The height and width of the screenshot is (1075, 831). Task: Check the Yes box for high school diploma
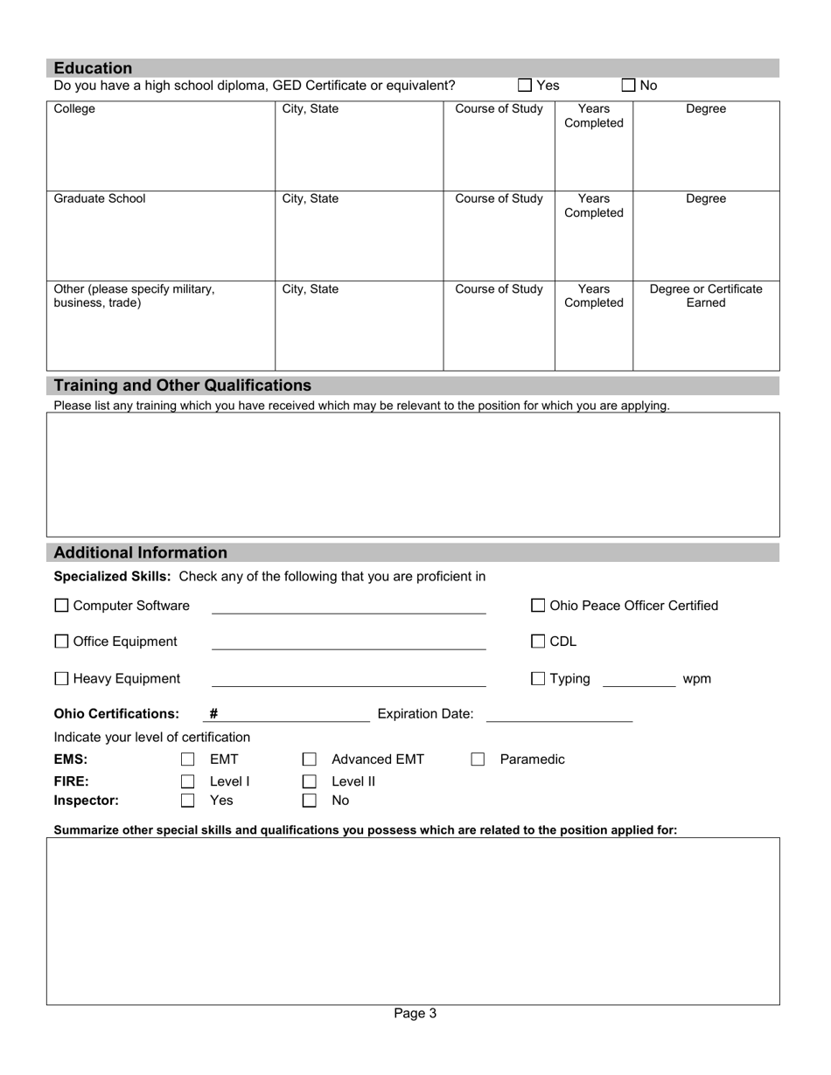[525, 86]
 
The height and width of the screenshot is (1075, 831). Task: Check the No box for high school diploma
[629, 86]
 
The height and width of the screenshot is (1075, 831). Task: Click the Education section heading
[94, 68]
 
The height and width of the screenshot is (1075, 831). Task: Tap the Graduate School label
[100, 198]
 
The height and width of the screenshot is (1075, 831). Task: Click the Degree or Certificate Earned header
[705, 295]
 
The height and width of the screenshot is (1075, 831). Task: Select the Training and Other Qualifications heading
[182, 385]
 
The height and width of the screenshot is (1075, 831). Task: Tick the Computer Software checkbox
[61, 606]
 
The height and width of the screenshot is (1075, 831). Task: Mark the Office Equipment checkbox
[61, 642]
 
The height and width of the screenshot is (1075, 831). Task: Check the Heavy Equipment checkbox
[61, 679]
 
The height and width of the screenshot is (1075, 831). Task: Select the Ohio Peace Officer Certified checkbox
[539, 606]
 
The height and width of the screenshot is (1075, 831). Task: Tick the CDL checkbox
[539, 642]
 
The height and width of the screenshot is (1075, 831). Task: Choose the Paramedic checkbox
[478, 759]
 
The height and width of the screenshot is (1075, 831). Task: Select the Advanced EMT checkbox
[309, 759]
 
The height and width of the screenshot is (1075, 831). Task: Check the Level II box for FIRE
[309, 781]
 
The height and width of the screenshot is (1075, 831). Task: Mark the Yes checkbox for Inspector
[187, 800]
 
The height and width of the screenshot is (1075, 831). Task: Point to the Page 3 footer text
[415, 1014]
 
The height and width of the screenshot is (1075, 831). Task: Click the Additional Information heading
[140, 552]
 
